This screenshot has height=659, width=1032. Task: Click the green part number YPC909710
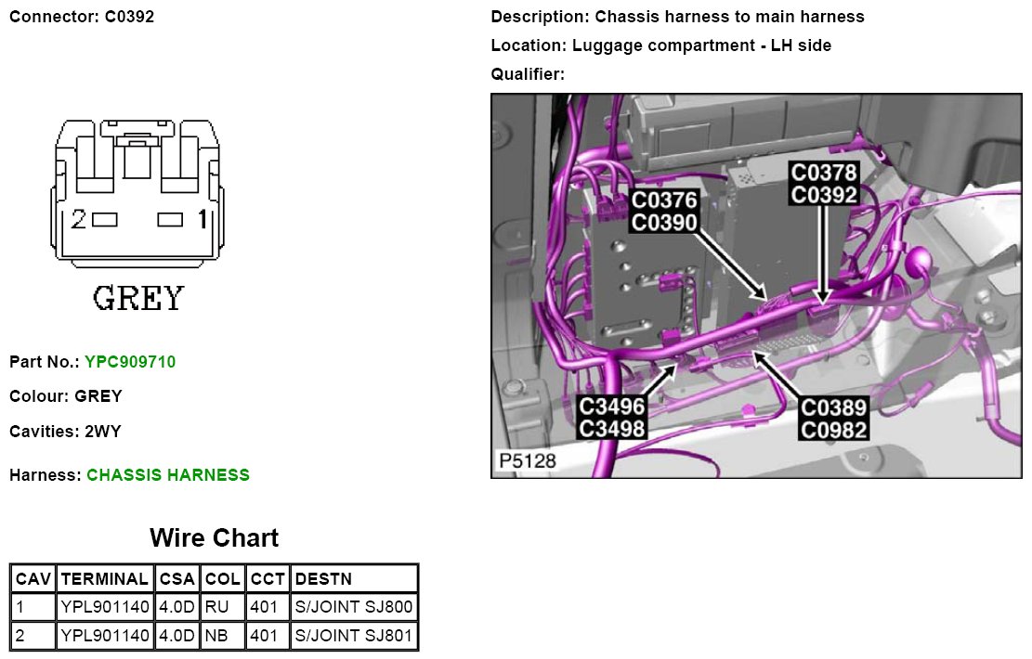pyautogui.click(x=129, y=361)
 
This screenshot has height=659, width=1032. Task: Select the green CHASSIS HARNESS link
pyautogui.click(x=168, y=475)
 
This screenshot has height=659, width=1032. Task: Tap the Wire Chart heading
pyautogui.click(x=214, y=538)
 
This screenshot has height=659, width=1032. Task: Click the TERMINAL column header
pyautogui.click(x=104, y=579)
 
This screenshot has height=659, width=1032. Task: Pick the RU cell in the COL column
pyautogui.click(x=216, y=608)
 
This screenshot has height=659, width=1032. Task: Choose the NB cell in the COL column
pyautogui.click(x=216, y=637)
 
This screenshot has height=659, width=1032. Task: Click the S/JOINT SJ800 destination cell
pyautogui.click(x=354, y=608)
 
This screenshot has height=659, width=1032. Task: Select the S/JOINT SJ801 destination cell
pyautogui.click(x=354, y=637)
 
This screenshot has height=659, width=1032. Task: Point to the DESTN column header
pyautogui.click(x=323, y=579)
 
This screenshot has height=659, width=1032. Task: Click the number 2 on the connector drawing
pyautogui.click(x=79, y=220)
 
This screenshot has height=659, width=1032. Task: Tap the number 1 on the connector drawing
pyautogui.click(x=201, y=220)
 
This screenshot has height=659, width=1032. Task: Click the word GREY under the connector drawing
pyautogui.click(x=138, y=298)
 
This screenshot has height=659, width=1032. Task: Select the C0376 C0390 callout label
pyautogui.click(x=664, y=212)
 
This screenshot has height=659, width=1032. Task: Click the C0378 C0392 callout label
pyautogui.click(x=823, y=184)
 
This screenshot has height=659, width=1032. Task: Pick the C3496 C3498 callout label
pyautogui.click(x=611, y=418)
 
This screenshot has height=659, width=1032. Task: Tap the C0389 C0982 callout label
pyautogui.click(x=834, y=418)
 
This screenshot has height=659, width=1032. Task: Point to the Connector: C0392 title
pyautogui.click(x=82, y=18)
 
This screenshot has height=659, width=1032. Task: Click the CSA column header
pyautogui.click(x=176, y=579)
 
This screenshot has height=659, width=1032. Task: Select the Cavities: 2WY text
pyautogui.click(x=65, y=432)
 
